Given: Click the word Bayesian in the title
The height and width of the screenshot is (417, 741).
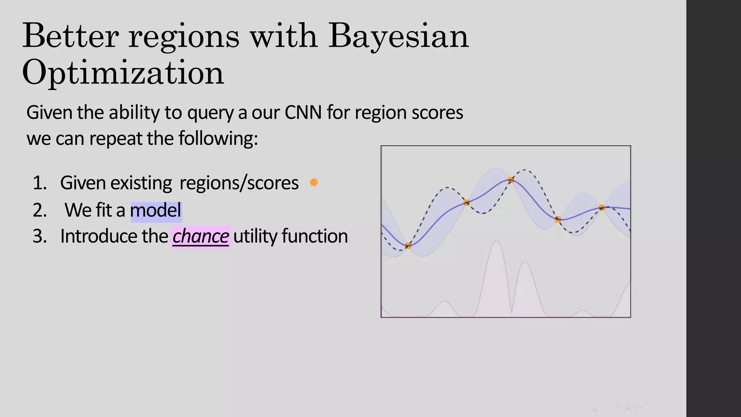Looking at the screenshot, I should [x=398, y=36].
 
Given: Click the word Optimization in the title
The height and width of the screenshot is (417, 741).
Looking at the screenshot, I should [x=123, y=72].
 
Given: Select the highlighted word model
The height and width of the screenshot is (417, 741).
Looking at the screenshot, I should [x=156, y=210].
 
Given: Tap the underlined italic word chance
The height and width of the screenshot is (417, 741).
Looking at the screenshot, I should [x=200, y=236].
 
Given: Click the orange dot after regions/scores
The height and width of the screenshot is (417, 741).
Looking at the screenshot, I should [x=314, y=182].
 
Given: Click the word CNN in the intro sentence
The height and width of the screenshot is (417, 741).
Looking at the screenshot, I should [x=303, y=113].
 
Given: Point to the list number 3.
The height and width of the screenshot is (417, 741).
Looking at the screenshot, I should [x=39, y=236].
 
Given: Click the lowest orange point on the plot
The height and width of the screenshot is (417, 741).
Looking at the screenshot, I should [x=408, y=246].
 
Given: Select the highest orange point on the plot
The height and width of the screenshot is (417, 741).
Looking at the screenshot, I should [x=511, y=180].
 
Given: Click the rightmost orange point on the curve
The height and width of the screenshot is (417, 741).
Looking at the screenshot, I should [x=602, y=207].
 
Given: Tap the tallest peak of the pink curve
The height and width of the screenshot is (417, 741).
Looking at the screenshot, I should [x=497, y=240].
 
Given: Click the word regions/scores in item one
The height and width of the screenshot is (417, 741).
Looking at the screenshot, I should [x=239, y=183].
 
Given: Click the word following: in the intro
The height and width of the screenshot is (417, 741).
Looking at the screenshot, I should [x=218, y=139].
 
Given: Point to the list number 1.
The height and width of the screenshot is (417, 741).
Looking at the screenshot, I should [x=39, y=183].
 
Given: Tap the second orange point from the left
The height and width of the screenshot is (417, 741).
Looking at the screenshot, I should [x=466, y=202].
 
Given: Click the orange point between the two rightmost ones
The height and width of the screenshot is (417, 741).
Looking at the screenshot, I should [x=558, y=219].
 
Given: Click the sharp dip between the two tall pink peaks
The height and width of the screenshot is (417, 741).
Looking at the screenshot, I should [x=512, y=311].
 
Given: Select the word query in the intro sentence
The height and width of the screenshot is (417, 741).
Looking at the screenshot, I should [x=210, y=113].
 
